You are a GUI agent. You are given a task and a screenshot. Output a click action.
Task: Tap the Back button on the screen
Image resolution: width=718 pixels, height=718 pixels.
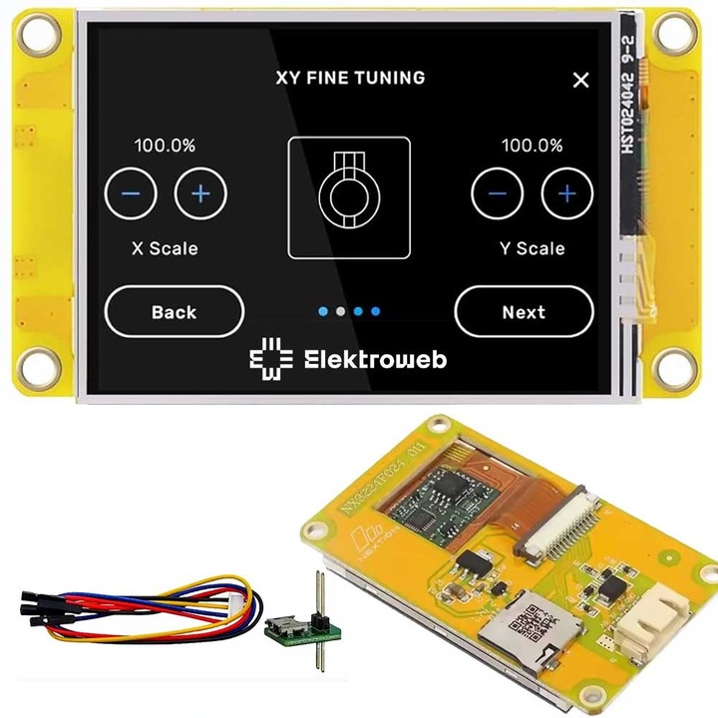(174, 312)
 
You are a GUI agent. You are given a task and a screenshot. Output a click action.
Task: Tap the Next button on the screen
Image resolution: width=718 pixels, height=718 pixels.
(524, 312)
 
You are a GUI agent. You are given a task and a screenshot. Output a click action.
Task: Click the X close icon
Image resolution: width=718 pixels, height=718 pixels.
(581, 81)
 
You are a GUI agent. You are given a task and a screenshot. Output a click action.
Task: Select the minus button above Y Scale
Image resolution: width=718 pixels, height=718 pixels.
(498, 193)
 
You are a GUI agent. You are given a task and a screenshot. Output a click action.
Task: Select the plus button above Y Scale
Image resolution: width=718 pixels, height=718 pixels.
(566, 193)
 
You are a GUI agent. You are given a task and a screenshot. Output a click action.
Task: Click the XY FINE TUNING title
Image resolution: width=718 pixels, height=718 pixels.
(350, 78)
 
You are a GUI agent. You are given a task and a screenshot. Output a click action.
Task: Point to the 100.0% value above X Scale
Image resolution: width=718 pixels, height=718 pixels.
(165, 146)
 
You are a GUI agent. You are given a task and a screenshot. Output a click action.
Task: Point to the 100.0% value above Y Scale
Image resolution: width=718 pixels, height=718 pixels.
(532, 146)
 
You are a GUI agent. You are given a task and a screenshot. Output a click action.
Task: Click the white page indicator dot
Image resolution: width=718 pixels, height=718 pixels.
(340, 312)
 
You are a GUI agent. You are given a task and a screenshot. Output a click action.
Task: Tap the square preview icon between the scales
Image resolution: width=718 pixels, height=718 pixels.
(349, 196)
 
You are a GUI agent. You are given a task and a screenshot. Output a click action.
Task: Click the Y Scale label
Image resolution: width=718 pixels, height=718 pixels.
(533, 248)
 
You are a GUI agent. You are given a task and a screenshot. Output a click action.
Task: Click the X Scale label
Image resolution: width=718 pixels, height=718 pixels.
(165, 248)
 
